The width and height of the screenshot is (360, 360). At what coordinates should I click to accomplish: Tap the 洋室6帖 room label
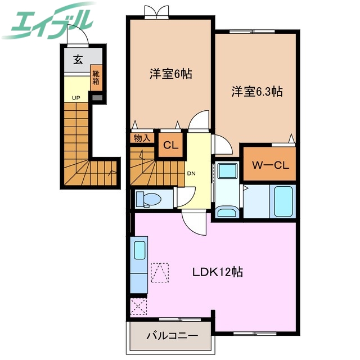click(170, 73)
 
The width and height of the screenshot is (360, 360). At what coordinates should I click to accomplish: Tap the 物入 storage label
click(142, 138)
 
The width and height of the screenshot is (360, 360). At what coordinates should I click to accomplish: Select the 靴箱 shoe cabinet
click(97, 76)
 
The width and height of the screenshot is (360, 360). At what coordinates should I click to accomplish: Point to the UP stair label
click(75, 97)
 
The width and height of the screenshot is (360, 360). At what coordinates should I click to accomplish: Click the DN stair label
click(191, 173)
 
